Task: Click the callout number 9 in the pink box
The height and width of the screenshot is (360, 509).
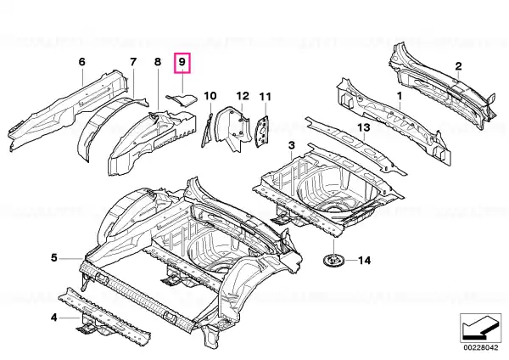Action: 182,62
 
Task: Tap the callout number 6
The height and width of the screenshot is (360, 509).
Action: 81,61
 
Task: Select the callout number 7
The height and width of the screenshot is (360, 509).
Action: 133,61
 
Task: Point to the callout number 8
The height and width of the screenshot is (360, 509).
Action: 158,61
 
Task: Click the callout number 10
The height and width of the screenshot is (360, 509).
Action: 210,96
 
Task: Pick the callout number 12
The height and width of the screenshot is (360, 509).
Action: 243,96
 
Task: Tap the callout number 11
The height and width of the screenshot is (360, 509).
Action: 265,97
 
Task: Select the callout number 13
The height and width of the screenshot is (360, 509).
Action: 364,127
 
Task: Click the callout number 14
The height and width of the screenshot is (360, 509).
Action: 364,261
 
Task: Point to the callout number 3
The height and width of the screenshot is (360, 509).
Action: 292,145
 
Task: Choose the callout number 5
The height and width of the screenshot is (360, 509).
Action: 54,257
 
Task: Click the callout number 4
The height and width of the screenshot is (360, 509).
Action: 54,317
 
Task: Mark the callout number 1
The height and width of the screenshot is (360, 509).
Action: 400,96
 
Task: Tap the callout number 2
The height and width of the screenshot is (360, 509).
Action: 458,66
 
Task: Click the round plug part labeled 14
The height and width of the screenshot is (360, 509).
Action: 333,261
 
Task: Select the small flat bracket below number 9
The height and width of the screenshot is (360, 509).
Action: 182,100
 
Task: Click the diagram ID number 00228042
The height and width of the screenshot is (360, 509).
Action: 480,347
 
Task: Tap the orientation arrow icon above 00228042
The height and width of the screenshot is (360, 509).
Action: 480,328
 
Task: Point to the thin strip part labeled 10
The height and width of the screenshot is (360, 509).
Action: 207,130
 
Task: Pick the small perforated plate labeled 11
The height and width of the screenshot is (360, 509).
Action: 262,132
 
